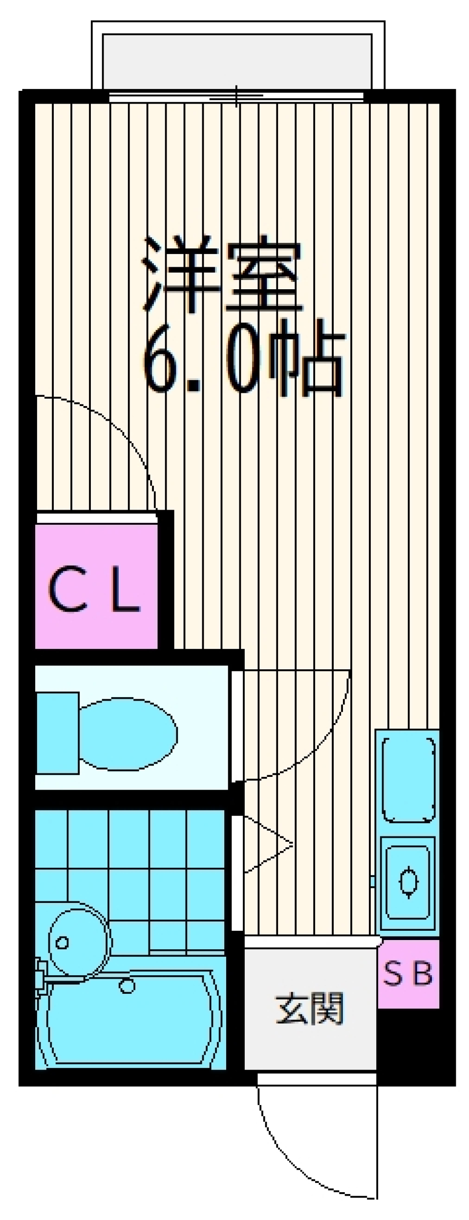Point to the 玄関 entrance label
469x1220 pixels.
310,1008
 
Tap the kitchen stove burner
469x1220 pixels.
408,881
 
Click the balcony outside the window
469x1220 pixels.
237,61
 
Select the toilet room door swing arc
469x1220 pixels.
318,748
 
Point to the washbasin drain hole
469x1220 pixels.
62,942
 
